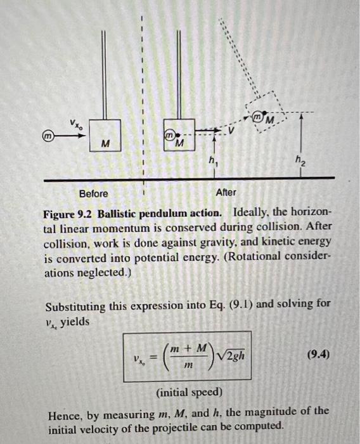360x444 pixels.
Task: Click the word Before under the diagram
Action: (x=93, y=193)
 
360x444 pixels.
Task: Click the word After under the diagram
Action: (x=226, y=192)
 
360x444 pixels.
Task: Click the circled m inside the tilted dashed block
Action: (x=258, y=119)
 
